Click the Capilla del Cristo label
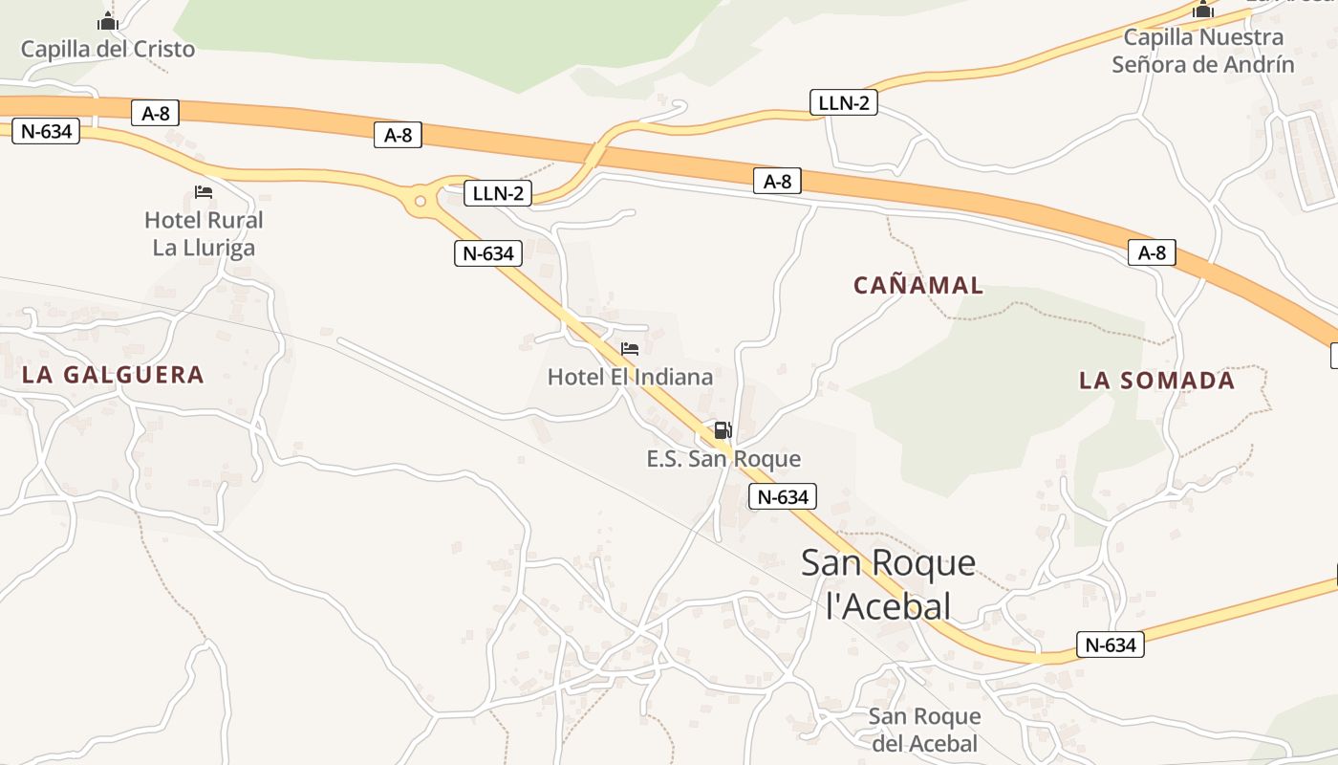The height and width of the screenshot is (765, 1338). pos(108,49)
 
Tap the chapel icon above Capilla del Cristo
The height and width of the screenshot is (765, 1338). pos(108,22)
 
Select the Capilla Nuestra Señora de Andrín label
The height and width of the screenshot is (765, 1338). pos(1202,51)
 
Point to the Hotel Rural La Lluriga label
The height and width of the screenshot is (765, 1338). pos(204,234)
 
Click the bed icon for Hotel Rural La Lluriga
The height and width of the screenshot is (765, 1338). pos(204,192)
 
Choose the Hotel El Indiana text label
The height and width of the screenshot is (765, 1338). pos(630,377)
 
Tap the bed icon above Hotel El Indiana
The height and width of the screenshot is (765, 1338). pos(630,349)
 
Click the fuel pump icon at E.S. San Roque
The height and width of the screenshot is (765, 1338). pos(723,430)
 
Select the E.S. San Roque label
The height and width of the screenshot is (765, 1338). pos(723,459)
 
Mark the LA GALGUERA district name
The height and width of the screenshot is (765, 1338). pos(113,375)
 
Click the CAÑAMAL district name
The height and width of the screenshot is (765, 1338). pos(917,285)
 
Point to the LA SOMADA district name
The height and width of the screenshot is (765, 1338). pos(1156,381)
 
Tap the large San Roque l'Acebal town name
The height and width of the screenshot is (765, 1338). pos(888,583)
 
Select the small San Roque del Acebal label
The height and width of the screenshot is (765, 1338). pos(924,730)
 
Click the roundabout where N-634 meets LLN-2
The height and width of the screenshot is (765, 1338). pos(420,201)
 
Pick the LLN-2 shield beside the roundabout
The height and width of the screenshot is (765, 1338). pos(498,193)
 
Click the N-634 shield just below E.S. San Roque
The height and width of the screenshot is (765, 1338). pos(783,496)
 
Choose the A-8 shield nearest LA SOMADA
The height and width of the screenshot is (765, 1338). pos(1152,253)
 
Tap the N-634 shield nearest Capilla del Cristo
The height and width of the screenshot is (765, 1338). pos(45,131)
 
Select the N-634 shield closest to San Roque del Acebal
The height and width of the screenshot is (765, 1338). pos(1110,645)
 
